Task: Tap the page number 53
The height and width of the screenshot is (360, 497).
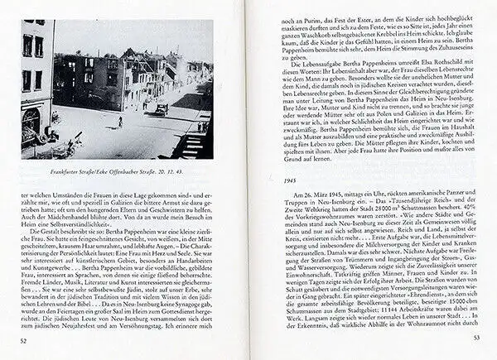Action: (476, 337)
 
